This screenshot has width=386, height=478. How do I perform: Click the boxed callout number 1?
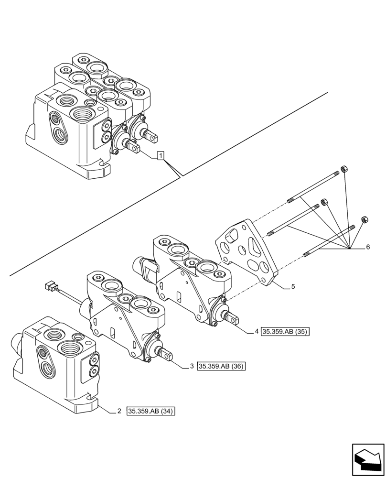tap(161, 156)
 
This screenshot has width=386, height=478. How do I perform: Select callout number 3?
tap(191, 366)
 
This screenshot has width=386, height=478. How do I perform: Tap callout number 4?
tap(257, 331)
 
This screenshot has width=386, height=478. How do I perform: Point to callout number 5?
tap(292, 287)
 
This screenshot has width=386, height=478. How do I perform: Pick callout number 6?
tap(367, 247)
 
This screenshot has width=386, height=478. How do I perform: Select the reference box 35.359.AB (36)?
tap(221, 366)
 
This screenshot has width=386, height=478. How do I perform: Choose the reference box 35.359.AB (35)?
tap(286, 331)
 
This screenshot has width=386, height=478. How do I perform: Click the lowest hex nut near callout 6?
tap(365, 220)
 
